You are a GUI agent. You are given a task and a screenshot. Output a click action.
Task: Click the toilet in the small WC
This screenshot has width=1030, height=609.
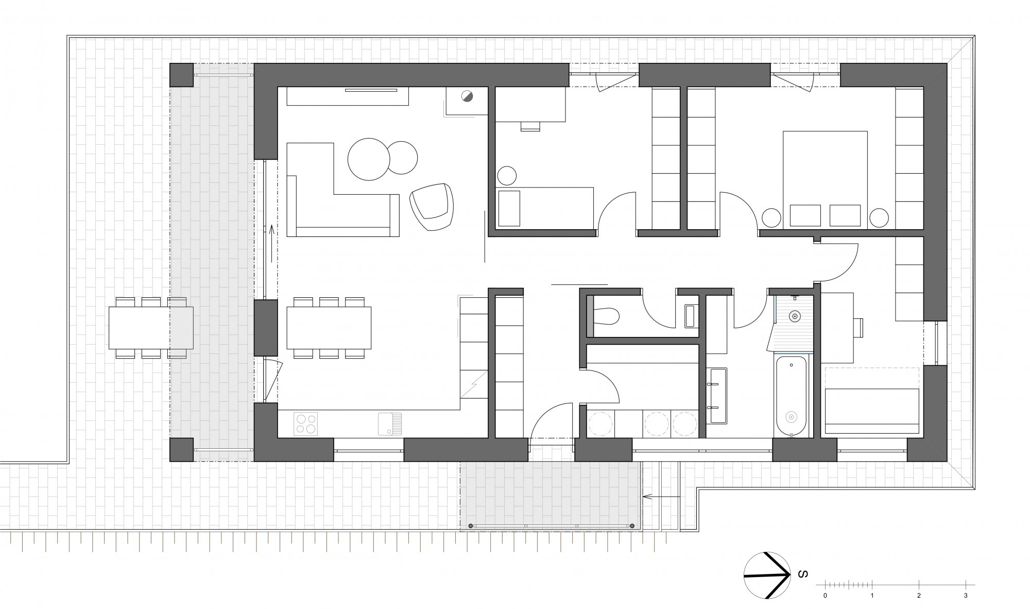[606, 316]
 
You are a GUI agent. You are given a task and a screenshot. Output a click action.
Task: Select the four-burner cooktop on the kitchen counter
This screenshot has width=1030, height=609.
[306, 424]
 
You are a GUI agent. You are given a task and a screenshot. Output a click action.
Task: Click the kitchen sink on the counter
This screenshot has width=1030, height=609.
[389, 424]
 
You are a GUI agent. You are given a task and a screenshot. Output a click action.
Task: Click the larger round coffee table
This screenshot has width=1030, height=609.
[369, 159]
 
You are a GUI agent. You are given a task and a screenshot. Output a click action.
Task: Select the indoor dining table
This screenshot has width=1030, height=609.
[329, 327]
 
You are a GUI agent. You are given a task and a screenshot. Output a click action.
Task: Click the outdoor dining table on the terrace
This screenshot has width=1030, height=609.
[151, 327]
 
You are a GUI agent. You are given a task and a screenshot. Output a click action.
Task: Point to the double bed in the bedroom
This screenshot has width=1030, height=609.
[825, 179]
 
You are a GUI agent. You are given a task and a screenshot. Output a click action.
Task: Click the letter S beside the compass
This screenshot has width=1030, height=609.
[801, 574]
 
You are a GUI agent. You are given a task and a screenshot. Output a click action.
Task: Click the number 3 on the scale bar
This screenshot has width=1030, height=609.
[966, 596]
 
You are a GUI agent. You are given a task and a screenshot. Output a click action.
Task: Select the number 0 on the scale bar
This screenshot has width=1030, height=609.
[825, 596]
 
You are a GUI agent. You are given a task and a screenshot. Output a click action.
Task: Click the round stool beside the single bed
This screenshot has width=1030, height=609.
[507, 176]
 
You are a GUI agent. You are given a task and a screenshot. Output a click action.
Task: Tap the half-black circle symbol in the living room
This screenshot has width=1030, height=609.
[467, 96]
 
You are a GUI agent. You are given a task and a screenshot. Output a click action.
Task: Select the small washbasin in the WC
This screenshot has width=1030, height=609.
[690, 316]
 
